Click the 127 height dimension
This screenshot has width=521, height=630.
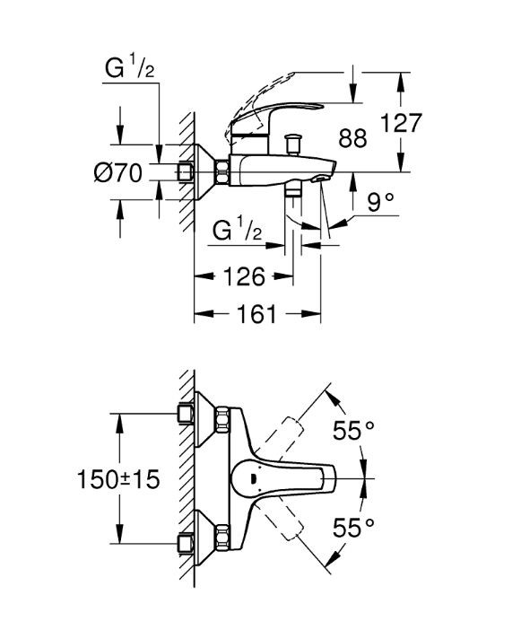point(401,123)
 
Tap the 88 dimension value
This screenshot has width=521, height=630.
point(352,138)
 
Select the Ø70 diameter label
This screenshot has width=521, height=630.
point(118,173)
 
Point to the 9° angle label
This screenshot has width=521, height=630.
point(381,202)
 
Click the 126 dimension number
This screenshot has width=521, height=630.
point(244,276)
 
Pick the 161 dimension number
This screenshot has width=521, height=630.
point(256,314)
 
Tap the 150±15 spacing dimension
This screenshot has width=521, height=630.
point(118,479)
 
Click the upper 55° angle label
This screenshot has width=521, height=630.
point(353,431)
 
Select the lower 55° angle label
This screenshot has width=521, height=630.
point(353,527)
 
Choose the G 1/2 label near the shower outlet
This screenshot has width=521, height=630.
point(238,229)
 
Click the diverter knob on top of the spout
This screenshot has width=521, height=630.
point(292,144)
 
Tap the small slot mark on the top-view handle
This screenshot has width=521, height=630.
point(253,479)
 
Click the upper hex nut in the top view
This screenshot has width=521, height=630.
point(222,420)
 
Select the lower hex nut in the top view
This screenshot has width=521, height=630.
point(222,538)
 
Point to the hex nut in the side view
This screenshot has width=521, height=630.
point(222,172)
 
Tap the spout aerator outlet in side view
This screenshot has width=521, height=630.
point(321,178)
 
